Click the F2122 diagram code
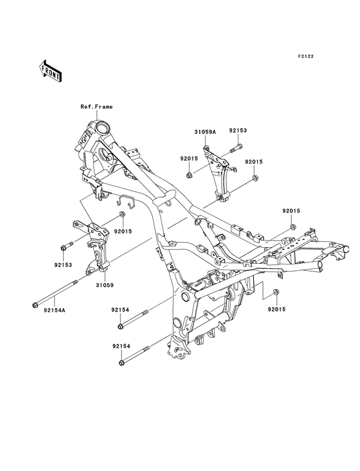(306, 56)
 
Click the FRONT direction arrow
(50, 71)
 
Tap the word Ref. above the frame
(85, 107)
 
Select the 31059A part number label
(205, 131)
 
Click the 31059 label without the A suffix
(105, 285)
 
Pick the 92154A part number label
(54, 309)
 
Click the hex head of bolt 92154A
(35, 306)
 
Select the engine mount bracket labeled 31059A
(217, 174)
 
